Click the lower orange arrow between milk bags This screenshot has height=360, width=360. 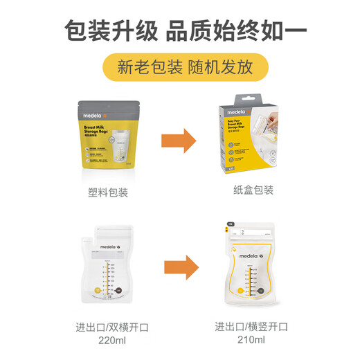179,265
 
